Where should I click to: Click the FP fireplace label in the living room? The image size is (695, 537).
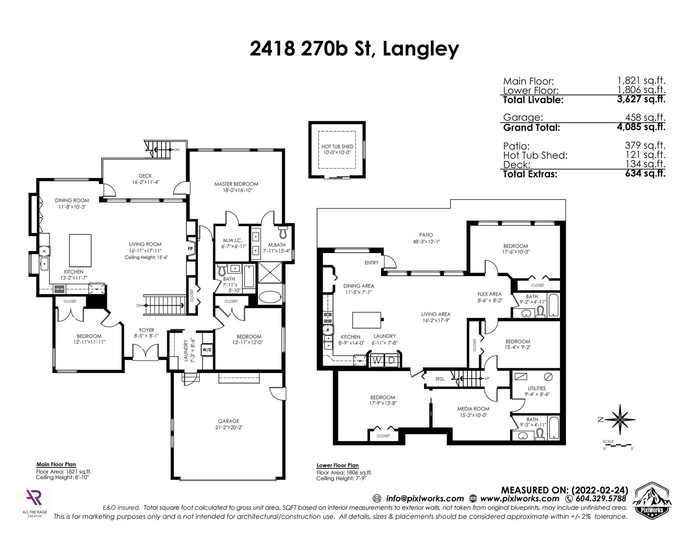coord(190,248)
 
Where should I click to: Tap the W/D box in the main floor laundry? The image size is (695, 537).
coord(207,350)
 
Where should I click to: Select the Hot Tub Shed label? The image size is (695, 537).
coord(338,146)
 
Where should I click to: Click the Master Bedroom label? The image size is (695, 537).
coord(236,184)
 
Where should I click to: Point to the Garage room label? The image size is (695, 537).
coord(228,421)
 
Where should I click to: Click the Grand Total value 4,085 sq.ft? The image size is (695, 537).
coord(641,127)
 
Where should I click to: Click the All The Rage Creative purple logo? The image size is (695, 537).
coord(34,497)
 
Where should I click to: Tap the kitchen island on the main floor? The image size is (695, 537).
coord(80,250)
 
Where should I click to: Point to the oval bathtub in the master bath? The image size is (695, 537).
coord(270,297)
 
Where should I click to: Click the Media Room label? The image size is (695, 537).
coord(473,409)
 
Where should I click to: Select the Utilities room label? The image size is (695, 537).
coord(537,388)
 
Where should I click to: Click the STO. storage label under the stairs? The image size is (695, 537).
coord(440,379)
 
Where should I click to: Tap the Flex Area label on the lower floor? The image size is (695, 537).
coord(490,294)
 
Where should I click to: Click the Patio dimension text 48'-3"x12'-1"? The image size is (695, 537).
coord(427,242)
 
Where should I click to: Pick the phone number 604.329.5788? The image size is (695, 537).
coord(601,499)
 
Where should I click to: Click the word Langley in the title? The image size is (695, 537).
coord(420,49)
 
